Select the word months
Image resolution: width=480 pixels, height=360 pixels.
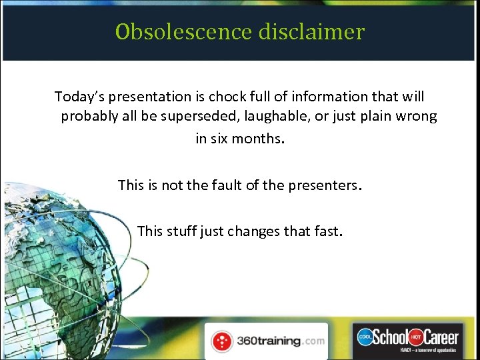(x=258, y=139)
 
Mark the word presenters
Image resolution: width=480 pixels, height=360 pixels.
(x=325, y=185)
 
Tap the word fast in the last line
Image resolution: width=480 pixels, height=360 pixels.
(x=328, y=231)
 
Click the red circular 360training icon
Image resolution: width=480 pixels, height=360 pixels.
(x=221, y=341)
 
